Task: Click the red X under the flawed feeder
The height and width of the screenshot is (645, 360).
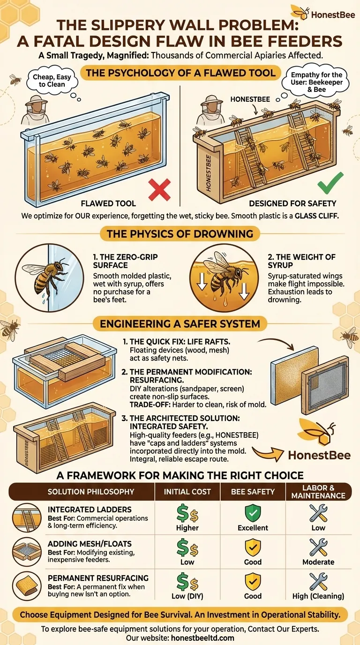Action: click(x=159, y=189)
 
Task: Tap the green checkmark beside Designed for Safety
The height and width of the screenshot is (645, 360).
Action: click(x=330, y=183)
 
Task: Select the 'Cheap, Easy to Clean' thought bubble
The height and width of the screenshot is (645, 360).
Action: click(x=52, y=81)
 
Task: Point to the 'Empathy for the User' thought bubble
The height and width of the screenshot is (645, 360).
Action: click(x=316, y=82)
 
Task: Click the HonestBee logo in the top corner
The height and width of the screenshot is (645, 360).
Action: click(x=322, y=13)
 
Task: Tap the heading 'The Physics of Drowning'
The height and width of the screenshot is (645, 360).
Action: click(x=180, y=234)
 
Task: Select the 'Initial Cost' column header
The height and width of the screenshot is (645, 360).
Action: click(x=187, y=492)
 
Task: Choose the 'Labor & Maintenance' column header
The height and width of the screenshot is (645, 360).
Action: click(x=318, y=492)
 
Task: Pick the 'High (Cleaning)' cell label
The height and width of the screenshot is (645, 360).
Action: click(x=318, y=596)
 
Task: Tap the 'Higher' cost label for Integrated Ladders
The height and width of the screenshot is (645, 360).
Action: click(x=187, y=528)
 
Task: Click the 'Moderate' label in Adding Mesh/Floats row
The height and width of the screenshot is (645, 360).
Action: click(x=318, y=562)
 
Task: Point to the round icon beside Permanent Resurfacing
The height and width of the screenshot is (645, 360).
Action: click(x=27, y=585)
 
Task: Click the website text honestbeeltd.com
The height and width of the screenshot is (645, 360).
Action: click(x=202, y=638)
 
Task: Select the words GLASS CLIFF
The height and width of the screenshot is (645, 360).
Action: click(x=316, y=216)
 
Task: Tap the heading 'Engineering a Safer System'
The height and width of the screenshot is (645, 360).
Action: click(x=180, y=324)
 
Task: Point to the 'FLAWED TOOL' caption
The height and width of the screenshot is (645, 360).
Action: click(x=108, y=203)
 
